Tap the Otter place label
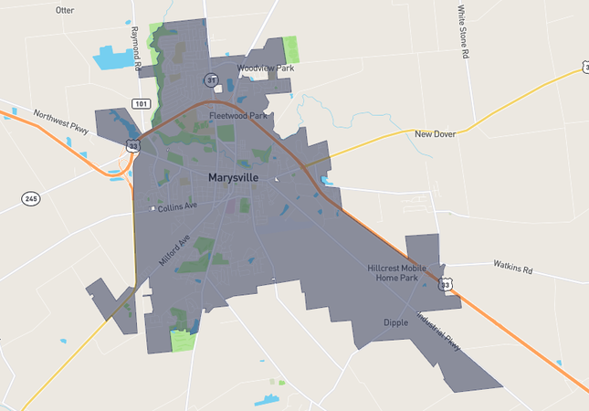pos(65,10)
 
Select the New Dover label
pos(436,134)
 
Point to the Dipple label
pos(395,322)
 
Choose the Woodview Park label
pos(265,68)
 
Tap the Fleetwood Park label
pos(237,116)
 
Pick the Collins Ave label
pos(177,207)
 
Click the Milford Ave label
pos(174,249)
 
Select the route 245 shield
pos(31,198)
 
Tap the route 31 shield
pos(212,80)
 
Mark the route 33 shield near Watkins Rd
pos(445,285)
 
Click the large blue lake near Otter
pos(113,58)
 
